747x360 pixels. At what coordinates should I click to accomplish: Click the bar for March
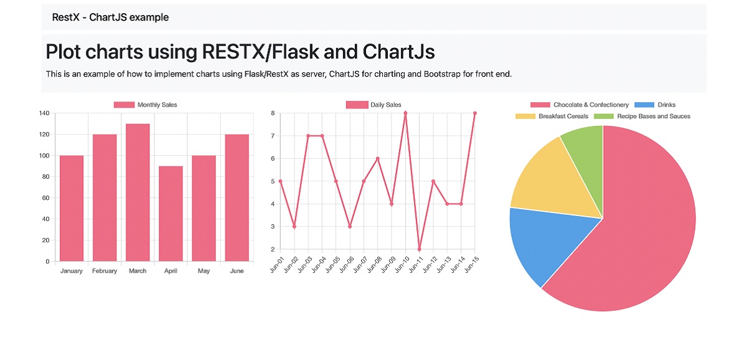[x=138, y=192]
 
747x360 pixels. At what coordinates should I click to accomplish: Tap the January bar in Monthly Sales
[x=72, y=208]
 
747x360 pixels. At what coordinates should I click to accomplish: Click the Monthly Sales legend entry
[x=145, y=105]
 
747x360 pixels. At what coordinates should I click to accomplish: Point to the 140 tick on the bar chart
[x=44, y=113]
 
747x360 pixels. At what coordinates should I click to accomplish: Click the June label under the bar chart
[x=237, y=271]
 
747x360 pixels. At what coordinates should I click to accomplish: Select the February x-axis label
[x=105, y=271]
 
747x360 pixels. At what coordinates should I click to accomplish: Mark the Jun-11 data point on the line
[x=420, y=249]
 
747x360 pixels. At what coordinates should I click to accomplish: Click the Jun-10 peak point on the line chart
[x=405, y=113]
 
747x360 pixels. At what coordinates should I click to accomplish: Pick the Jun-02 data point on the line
[x=294, y=227]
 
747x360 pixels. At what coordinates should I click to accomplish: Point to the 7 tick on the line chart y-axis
[x=273, y=136]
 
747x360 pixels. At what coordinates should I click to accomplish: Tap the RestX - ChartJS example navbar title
[x=110, y=17]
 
